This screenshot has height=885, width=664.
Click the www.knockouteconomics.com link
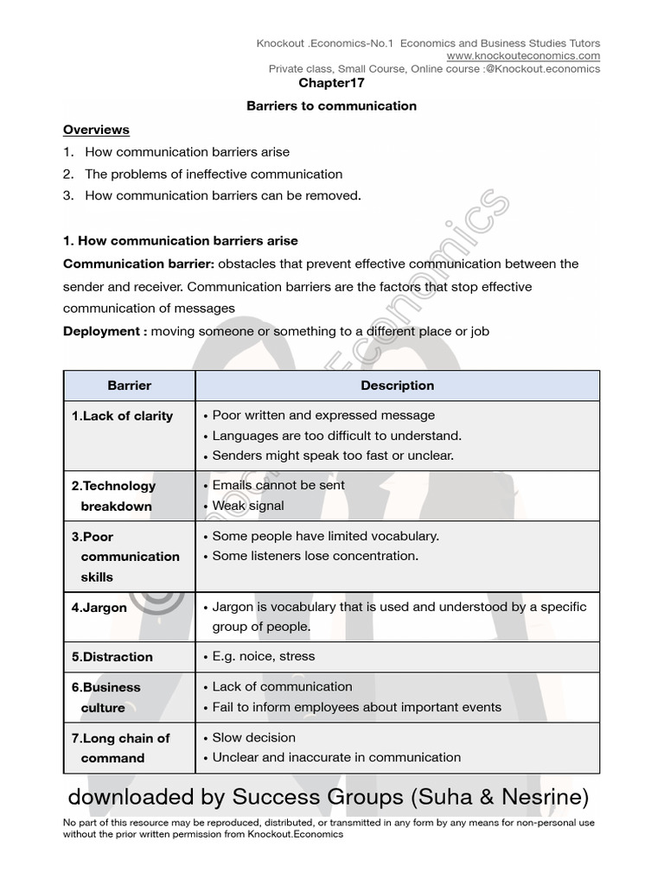(523, 56)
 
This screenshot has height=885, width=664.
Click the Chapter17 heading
(331, 83)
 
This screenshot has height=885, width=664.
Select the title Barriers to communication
(331, 106)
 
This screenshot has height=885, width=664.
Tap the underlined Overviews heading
(96, 130)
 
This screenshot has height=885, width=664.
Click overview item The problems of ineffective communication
(214, 174)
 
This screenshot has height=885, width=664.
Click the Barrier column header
(129, 385)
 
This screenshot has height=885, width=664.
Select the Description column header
(397, 385)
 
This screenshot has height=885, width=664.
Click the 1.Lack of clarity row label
(122, 416)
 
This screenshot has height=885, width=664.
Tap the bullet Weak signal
(247, 506)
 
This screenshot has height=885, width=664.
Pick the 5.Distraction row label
(112, 657)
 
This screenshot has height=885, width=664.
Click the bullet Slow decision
(253, 737)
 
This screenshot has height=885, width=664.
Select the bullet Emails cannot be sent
(278, 485)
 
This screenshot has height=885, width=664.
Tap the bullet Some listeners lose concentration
(315, 556)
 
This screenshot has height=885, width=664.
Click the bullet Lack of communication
(282, 686)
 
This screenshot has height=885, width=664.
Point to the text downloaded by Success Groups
(233, 794)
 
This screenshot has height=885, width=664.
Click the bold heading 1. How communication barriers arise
(180, 240)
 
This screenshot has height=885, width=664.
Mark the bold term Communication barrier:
(138, 264)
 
